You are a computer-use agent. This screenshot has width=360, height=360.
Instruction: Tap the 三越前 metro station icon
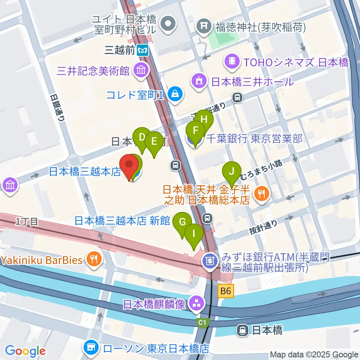point(142,50)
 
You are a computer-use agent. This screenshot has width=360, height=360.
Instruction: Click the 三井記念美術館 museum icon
point(142,70)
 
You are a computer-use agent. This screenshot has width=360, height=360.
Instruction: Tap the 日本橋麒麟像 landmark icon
point(196,303)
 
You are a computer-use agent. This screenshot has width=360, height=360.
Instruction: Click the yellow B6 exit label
point(226,290)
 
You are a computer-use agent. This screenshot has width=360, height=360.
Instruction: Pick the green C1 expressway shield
point(202,322)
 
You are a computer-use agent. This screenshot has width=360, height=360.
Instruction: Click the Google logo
point(25,351)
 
